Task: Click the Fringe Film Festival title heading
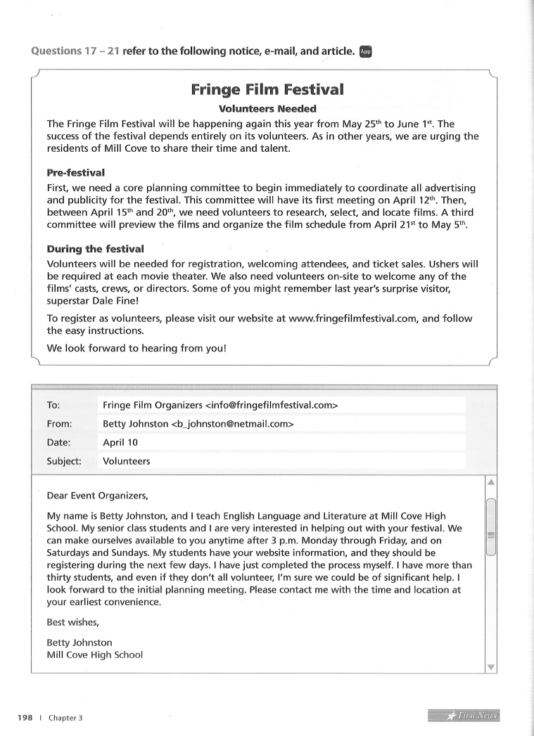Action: [267, 90]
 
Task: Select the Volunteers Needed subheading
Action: [267, 109]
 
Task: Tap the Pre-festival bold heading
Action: [75, 172]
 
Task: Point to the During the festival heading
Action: [95, 249]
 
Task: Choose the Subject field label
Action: [64, 462]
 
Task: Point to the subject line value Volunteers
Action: [127, 462]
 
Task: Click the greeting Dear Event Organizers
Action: [98, 495]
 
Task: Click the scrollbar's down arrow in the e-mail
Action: [491, 667]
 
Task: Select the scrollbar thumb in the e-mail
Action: [491, 527]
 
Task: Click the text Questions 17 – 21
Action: [75, 51]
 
